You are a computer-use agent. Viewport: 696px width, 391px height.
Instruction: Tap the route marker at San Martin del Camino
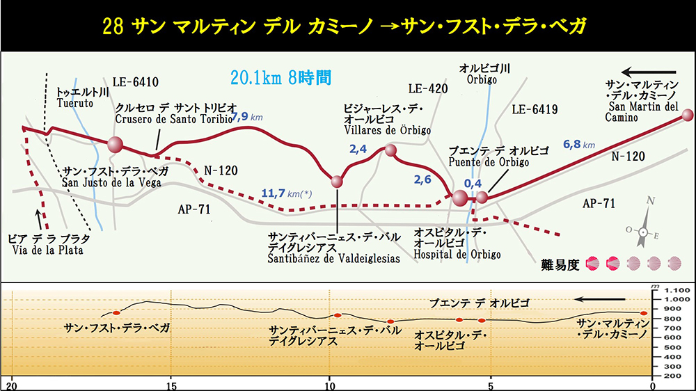point(688,115)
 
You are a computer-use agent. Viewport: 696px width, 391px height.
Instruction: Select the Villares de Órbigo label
point(388,120)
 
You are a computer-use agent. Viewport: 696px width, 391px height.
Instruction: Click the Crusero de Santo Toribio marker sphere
point(115,145)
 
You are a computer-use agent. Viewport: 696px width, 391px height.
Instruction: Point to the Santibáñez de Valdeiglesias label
point(334,248)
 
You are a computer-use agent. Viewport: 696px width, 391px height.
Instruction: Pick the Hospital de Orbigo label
point(457,244)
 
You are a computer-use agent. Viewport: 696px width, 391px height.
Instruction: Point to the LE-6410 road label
point(136,81)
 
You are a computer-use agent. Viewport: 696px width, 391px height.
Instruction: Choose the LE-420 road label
point(427,88)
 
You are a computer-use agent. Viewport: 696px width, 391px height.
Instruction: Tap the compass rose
point(644,230)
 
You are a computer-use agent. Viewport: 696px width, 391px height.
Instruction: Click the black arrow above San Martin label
point(649,72)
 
